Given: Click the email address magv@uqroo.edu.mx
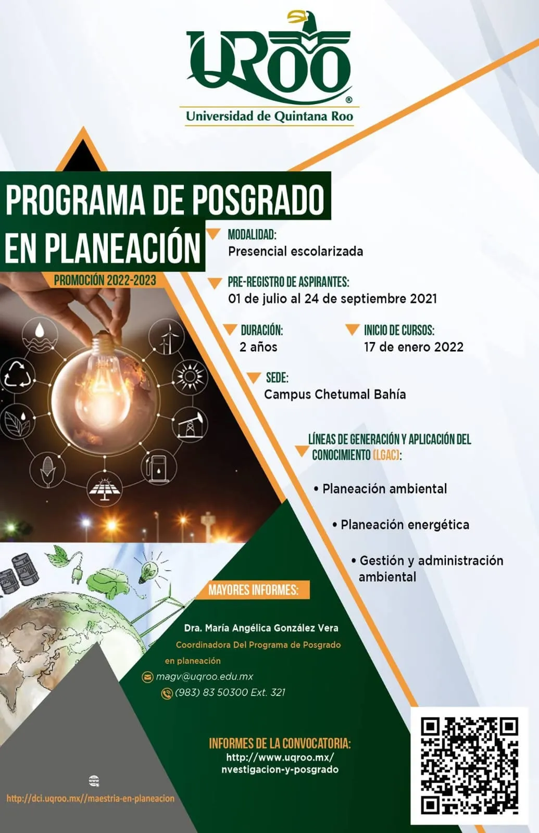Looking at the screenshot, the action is coord(204,676).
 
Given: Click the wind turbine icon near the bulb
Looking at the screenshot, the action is coord(167,336).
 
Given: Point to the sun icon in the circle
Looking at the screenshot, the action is coord(190,377).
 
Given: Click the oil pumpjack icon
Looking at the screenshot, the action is coord(190,425).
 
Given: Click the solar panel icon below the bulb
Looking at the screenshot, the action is coord(105,489).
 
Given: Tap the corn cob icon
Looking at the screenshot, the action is coord(47,471).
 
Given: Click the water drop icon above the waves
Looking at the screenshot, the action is coord(40,330).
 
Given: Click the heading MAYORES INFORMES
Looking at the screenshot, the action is coord(253,590).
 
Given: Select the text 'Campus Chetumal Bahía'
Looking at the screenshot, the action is coord(335,394).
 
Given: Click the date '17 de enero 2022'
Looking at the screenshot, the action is coord(413,347).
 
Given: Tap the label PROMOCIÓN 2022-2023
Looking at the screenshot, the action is coord(105,281).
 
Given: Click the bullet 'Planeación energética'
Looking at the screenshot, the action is coord(401,525).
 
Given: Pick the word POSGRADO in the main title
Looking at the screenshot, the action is coord(258,200).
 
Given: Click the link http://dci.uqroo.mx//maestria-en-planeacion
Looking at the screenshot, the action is coord(91,799).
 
